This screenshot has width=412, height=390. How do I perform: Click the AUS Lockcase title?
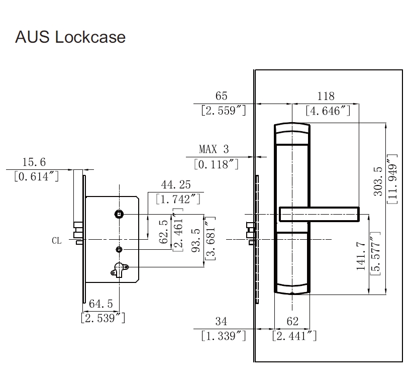(70, 37)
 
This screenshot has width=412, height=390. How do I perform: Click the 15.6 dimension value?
(34, 162)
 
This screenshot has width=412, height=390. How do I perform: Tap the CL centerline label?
(56, 240)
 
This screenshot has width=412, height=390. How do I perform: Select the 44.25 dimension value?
(176, 184)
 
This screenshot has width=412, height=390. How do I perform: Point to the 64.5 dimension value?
(101, 304)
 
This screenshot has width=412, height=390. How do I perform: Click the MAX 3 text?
(214, 149)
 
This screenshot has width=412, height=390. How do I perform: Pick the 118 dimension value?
(326, 96)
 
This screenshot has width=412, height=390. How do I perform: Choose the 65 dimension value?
(221, 96)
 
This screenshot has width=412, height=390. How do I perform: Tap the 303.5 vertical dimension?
(378, 181)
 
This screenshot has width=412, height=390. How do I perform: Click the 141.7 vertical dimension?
(361, 256)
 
